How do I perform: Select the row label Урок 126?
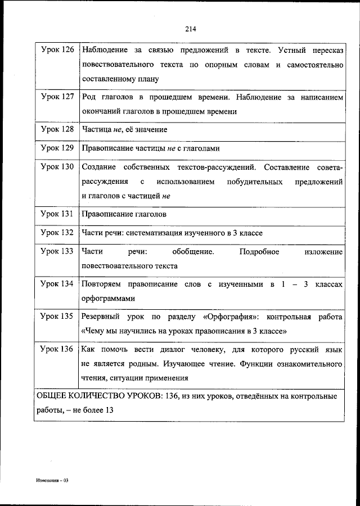coord(57,51)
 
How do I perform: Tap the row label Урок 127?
coord(57,97)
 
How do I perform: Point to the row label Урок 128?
coord(57,129)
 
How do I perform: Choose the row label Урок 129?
coord(57,148)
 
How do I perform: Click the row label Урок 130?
coord(57,168)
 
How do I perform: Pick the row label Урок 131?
coord(57,214)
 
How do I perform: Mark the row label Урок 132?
coord(57,233)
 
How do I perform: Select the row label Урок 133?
coord(57,252)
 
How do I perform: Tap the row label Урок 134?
coord(57,284)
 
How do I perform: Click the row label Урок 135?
coord(57,317)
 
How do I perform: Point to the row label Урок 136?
coord(57,349)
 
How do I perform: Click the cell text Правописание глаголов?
coord(124,214)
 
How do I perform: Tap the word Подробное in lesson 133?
coord(259,252)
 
